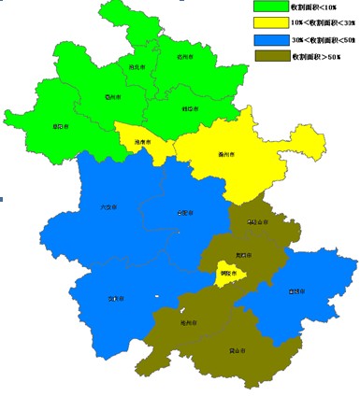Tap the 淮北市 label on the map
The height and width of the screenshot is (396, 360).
136,68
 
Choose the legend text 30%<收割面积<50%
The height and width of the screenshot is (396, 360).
323,40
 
